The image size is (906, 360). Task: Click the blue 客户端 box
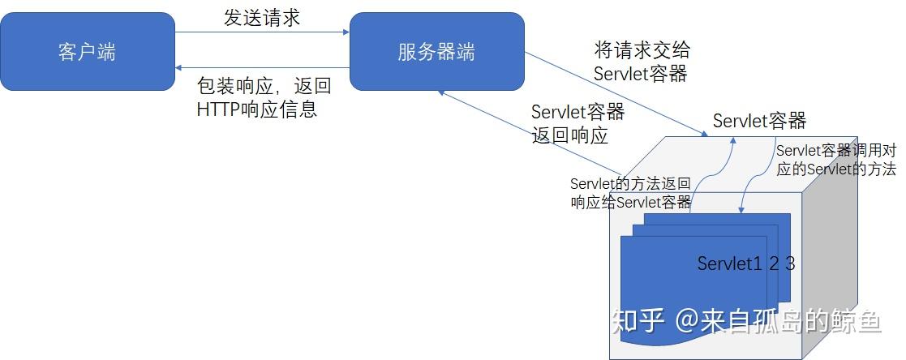pos(87,51)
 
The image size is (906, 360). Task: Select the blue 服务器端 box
pos(436,51)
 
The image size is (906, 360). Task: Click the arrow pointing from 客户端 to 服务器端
pos(262,32)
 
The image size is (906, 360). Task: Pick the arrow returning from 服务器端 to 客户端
pos(262,68)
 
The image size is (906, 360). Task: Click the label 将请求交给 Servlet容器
pos(641,62)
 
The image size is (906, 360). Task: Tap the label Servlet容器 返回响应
pos(578,122)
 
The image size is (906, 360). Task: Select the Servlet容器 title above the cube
pos(759,121)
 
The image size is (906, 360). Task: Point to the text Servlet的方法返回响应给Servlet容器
pos(630,193)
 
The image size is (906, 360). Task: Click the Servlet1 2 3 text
pos(745,264)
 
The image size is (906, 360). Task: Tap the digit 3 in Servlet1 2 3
pos(790,264)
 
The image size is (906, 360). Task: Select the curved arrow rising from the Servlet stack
pos(713,174)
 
